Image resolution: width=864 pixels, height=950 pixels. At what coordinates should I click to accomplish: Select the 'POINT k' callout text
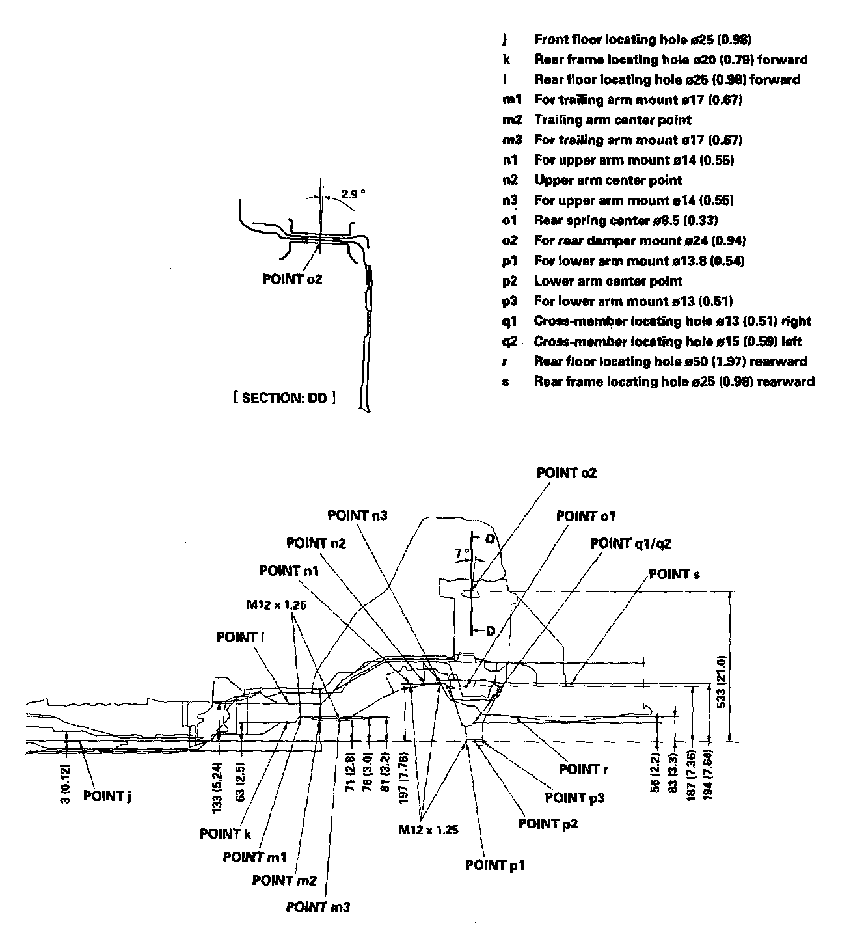225,834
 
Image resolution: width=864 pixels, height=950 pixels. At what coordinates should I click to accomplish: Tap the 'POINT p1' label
494,865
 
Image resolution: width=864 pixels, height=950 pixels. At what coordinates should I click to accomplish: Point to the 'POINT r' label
583,770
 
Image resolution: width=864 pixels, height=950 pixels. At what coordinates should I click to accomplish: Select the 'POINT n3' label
357,515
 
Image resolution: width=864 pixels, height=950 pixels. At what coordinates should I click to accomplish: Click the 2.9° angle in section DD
353,194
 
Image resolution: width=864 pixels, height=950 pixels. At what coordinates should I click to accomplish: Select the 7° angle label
462,552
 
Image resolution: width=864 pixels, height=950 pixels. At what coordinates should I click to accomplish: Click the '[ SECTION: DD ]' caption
285,398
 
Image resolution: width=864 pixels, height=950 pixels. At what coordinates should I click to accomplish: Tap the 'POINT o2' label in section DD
292,279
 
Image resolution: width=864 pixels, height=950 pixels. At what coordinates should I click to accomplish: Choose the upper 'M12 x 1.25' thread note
276,604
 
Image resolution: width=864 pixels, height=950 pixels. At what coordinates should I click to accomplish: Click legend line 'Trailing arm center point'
612,120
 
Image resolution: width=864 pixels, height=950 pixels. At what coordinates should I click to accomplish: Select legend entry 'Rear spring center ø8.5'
625,221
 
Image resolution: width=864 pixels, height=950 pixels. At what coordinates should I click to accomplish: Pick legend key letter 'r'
506,361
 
